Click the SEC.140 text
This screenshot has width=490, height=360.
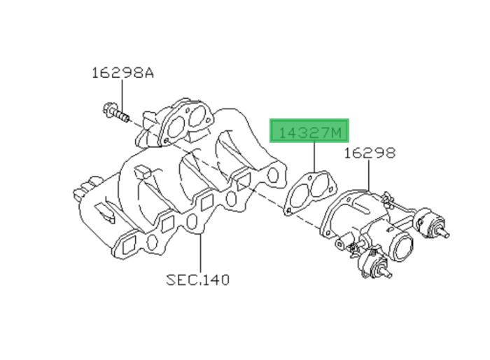(x=197, y=280)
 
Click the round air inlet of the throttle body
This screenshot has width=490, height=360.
(x=403, y=247)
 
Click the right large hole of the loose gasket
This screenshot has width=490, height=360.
(x=320, y=186)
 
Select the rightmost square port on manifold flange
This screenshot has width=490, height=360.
(x=242, y=184)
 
